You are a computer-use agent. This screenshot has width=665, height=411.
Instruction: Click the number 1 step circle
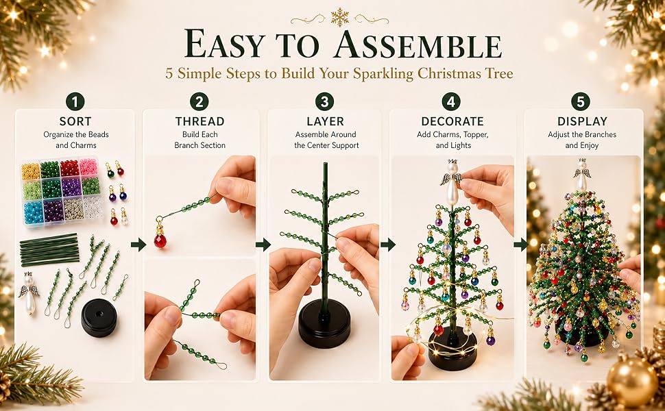pos(75,101)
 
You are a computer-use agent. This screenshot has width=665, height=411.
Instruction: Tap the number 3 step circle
pos(324,101)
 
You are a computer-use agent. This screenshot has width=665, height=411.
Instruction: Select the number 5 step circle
pos(581,101)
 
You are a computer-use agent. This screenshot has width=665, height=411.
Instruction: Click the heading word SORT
pos(75,122)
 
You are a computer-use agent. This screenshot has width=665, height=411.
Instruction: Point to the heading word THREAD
pos(199,122)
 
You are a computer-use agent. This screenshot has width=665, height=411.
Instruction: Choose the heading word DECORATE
pos(452,122)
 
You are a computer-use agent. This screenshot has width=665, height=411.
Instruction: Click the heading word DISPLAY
pos(582,122)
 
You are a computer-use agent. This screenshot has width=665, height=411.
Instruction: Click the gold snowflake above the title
pos(340,17)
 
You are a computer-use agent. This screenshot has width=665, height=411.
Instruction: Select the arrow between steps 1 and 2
pos(138,245)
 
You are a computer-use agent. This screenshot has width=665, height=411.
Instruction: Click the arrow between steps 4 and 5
pos(520,245)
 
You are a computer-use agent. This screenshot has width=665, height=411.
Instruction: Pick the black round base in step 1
pos(99,318)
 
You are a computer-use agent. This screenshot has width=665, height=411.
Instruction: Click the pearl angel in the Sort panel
pos(29,293)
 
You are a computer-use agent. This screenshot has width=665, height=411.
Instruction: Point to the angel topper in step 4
pos(452,182)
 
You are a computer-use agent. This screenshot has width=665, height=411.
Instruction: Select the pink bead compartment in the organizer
pos(88,167)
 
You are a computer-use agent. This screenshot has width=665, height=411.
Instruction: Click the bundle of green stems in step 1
pos(49,249)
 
